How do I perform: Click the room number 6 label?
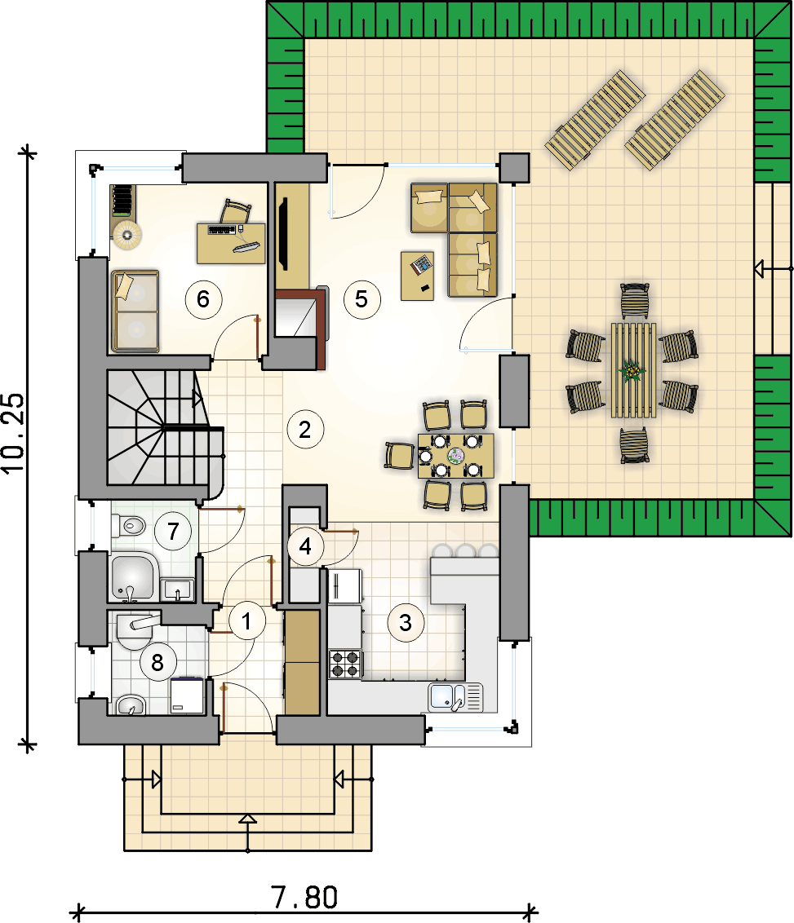[203, 299]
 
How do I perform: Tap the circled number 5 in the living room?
[362, 299]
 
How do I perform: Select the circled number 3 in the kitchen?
[406, 623]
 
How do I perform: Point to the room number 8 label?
[157, 663]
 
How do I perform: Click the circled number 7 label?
[172, 532]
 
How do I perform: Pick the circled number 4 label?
[305, 547]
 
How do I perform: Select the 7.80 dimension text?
[304, 898]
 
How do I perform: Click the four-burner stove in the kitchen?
[345, 664]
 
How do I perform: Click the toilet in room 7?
[128, 526]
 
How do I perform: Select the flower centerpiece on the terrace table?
[632, 370]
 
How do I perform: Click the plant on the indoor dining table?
[456, 455]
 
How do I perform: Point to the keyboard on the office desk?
[222, 230]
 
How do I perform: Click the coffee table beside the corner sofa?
[418, 276]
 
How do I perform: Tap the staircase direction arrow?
[198, 398]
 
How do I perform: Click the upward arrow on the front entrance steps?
[247, 819]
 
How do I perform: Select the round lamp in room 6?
[127, 235]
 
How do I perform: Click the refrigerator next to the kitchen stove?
[344, 586]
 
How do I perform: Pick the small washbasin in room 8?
[131, 704]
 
